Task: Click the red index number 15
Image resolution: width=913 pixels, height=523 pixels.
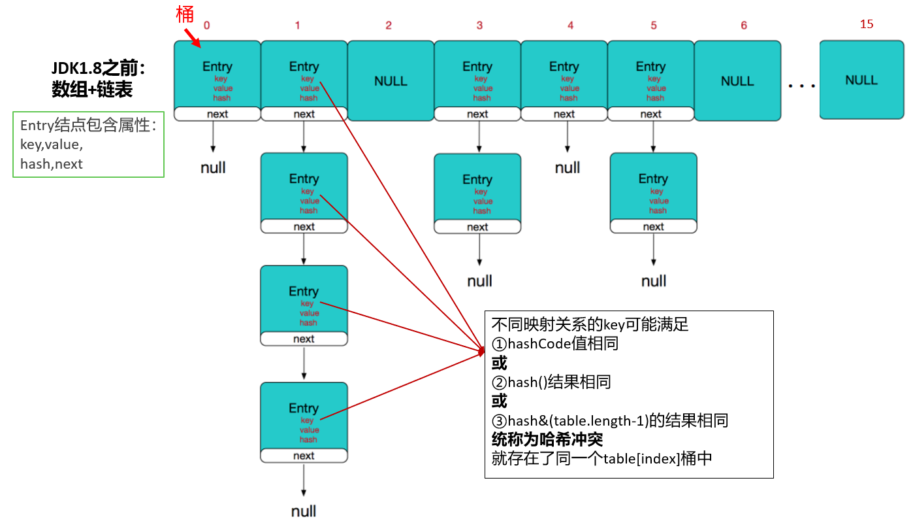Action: tap(867, 24)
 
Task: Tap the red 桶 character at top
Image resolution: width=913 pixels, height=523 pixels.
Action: tap(185, 14)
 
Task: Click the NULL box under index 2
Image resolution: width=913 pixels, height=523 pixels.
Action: tap(391, 81)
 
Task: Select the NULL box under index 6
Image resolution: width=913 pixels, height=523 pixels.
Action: tap(737, 81)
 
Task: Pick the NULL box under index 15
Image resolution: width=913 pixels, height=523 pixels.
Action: tap(861, 80)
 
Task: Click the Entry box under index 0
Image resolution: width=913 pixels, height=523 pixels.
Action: tap(217, 75)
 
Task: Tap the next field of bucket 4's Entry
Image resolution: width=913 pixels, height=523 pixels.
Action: tap(564, 114)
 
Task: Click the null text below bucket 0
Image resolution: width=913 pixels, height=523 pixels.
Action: tap(213, 168)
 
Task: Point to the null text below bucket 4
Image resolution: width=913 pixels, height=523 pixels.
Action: tap(568, 168)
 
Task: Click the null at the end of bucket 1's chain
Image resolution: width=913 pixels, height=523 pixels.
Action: tap(304, 511)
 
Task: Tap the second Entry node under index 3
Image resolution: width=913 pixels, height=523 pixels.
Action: tap(477, 188)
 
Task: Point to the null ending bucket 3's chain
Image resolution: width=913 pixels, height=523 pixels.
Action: tap(479, 281)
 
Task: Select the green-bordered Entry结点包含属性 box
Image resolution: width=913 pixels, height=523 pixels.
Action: tap(88, 144)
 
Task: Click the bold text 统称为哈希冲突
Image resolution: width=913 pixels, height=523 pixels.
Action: tap(547, 439)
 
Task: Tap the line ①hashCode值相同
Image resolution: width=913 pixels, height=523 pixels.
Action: tap(554, 344)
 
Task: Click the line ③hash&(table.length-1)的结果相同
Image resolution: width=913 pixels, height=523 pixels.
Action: tap(609, 420)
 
